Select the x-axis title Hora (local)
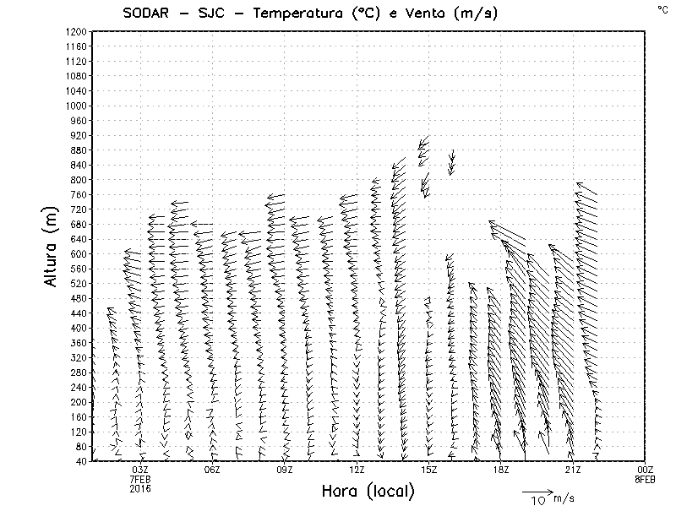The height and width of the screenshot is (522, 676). [x=368, y=491]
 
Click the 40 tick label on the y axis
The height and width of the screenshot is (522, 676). [x=82, y=461]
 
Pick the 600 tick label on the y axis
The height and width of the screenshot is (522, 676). [x=79, y=254]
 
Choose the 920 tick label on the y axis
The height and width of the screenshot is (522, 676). [x=79, y=135]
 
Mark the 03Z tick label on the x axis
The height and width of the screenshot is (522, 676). [x=140, y=470]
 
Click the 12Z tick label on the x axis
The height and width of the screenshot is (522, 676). [x=357, y=470]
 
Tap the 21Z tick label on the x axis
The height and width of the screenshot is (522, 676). [x=573, y=470]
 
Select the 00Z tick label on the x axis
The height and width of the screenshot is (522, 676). [x=645, y=470]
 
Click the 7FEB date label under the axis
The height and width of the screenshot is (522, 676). [x=140, y=479]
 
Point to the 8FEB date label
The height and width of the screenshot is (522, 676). [x=645, y=479]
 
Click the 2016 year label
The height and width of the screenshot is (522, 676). [x=140, y=488]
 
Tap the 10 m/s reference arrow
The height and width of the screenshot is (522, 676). [x=537, y=491]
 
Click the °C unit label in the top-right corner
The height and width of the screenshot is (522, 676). [x=662, y=8]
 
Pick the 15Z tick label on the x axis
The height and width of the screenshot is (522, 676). [x=428, y=470]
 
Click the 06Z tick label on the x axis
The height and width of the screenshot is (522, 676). [x=212, y=470]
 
